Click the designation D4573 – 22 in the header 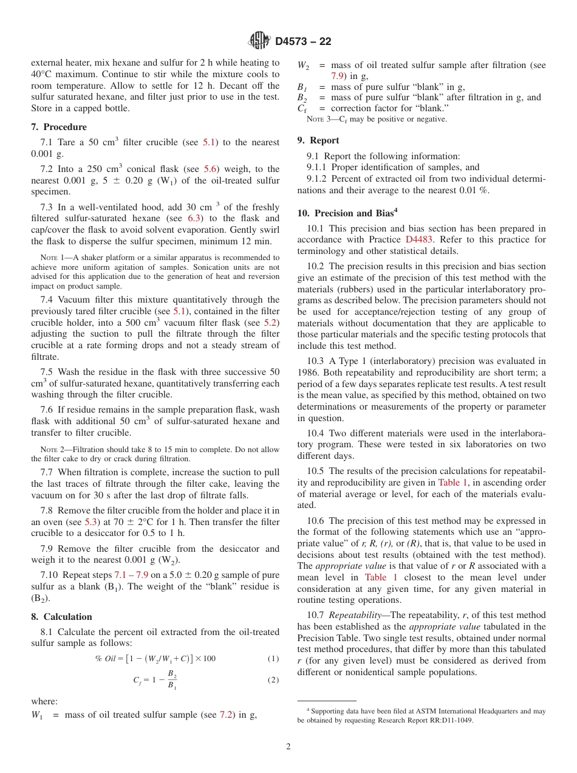pos(303,42)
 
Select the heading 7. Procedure pos(59,127)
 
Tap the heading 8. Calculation pos(61,617)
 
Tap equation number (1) pos(273,659)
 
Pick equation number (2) pos(273,680)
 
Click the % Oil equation pos(155,659)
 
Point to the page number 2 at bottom pos(288,747)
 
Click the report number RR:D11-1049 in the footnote pos(446,721)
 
